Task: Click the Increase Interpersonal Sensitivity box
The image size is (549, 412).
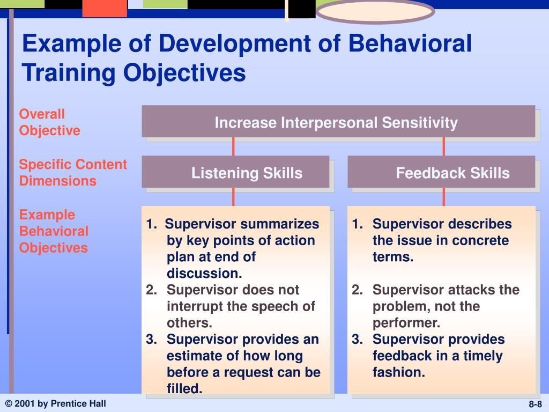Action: (x=338, y=121)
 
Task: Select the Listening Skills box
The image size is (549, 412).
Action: (x=235, y=172)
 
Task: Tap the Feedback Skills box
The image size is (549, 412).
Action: (x=441, y=172)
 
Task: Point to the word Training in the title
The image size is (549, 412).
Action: (x=69, y=73)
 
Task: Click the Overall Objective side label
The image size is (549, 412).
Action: (x=49, y=122)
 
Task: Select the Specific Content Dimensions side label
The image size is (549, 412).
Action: (x=73, y=172)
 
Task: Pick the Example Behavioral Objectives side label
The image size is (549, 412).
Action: (x=54, y=231)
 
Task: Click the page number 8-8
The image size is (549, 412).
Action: (x=535, y=404)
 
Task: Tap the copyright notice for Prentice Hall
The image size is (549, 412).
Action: (x=56, y=403)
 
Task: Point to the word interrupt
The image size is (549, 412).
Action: (x=195, y=306)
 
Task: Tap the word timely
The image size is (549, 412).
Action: (x=483, y=356)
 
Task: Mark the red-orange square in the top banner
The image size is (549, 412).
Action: (x=105, y=9)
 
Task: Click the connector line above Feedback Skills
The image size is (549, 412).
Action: (x=443, y=146)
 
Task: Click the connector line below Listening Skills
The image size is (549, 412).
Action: (x=233, y=197)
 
